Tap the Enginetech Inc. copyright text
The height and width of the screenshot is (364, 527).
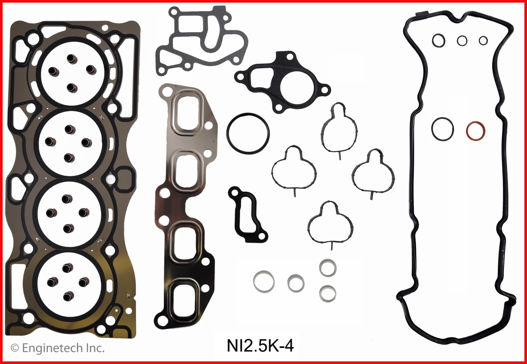click(57, 348)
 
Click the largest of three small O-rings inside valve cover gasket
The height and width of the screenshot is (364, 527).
click(438, 40)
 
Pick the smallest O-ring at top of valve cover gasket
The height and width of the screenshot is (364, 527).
click(483, 40)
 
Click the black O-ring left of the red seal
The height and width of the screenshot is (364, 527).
click(442, 128)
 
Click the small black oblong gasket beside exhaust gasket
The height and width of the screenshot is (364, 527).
click(246, 214)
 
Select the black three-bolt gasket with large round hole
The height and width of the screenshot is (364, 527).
click(283, 81)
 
